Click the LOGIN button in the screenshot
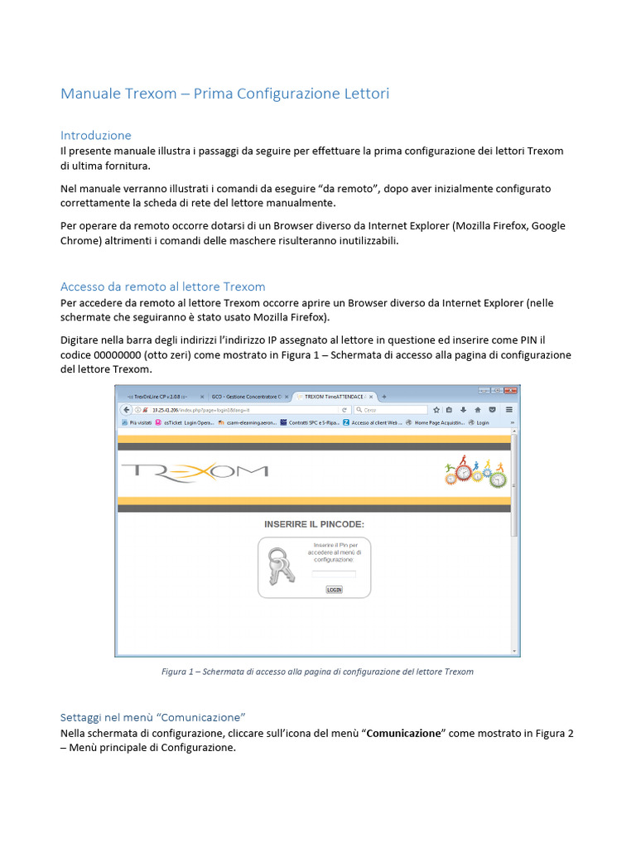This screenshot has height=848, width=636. click(334, 590)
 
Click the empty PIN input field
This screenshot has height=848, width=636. click(334, 574)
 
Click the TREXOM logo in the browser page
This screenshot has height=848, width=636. click(195, 471)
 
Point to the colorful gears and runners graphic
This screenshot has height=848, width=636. click(475, 473)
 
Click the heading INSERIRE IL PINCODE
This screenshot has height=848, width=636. click(314, 524)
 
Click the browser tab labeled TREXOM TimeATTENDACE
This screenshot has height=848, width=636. click(334, 397)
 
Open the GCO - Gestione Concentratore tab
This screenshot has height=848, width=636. click(246, 397)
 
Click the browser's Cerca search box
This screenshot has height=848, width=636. click(395, 409)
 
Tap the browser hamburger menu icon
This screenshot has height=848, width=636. click(508, 409)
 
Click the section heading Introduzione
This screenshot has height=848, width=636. click(96, 135)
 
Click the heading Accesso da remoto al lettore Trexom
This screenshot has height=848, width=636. click(163, 287)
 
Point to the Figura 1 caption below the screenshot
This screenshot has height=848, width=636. click(317, 672)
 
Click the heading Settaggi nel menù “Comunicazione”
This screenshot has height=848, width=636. click(153, 716)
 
